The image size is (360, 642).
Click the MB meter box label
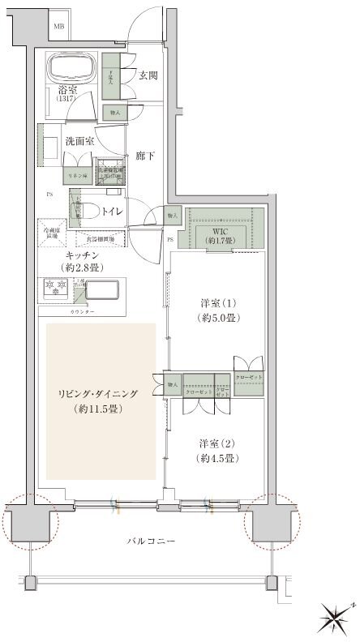[x=58, y=27]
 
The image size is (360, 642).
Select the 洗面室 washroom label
[x=79, y=140]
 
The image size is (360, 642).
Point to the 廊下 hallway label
[x=145, y=154]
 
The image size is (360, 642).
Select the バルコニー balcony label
[x=154, y=541]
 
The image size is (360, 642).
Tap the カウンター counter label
[x=84, y=311]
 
